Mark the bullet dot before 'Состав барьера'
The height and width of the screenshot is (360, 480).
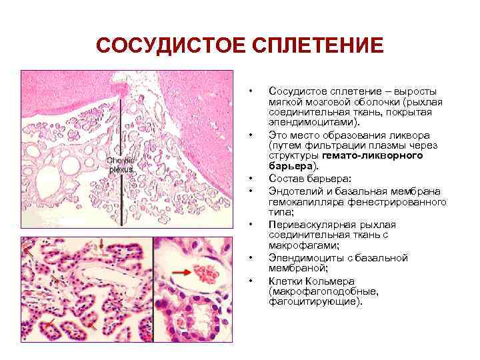[250, 179]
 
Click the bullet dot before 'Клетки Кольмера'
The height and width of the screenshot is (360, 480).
[250, 281]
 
